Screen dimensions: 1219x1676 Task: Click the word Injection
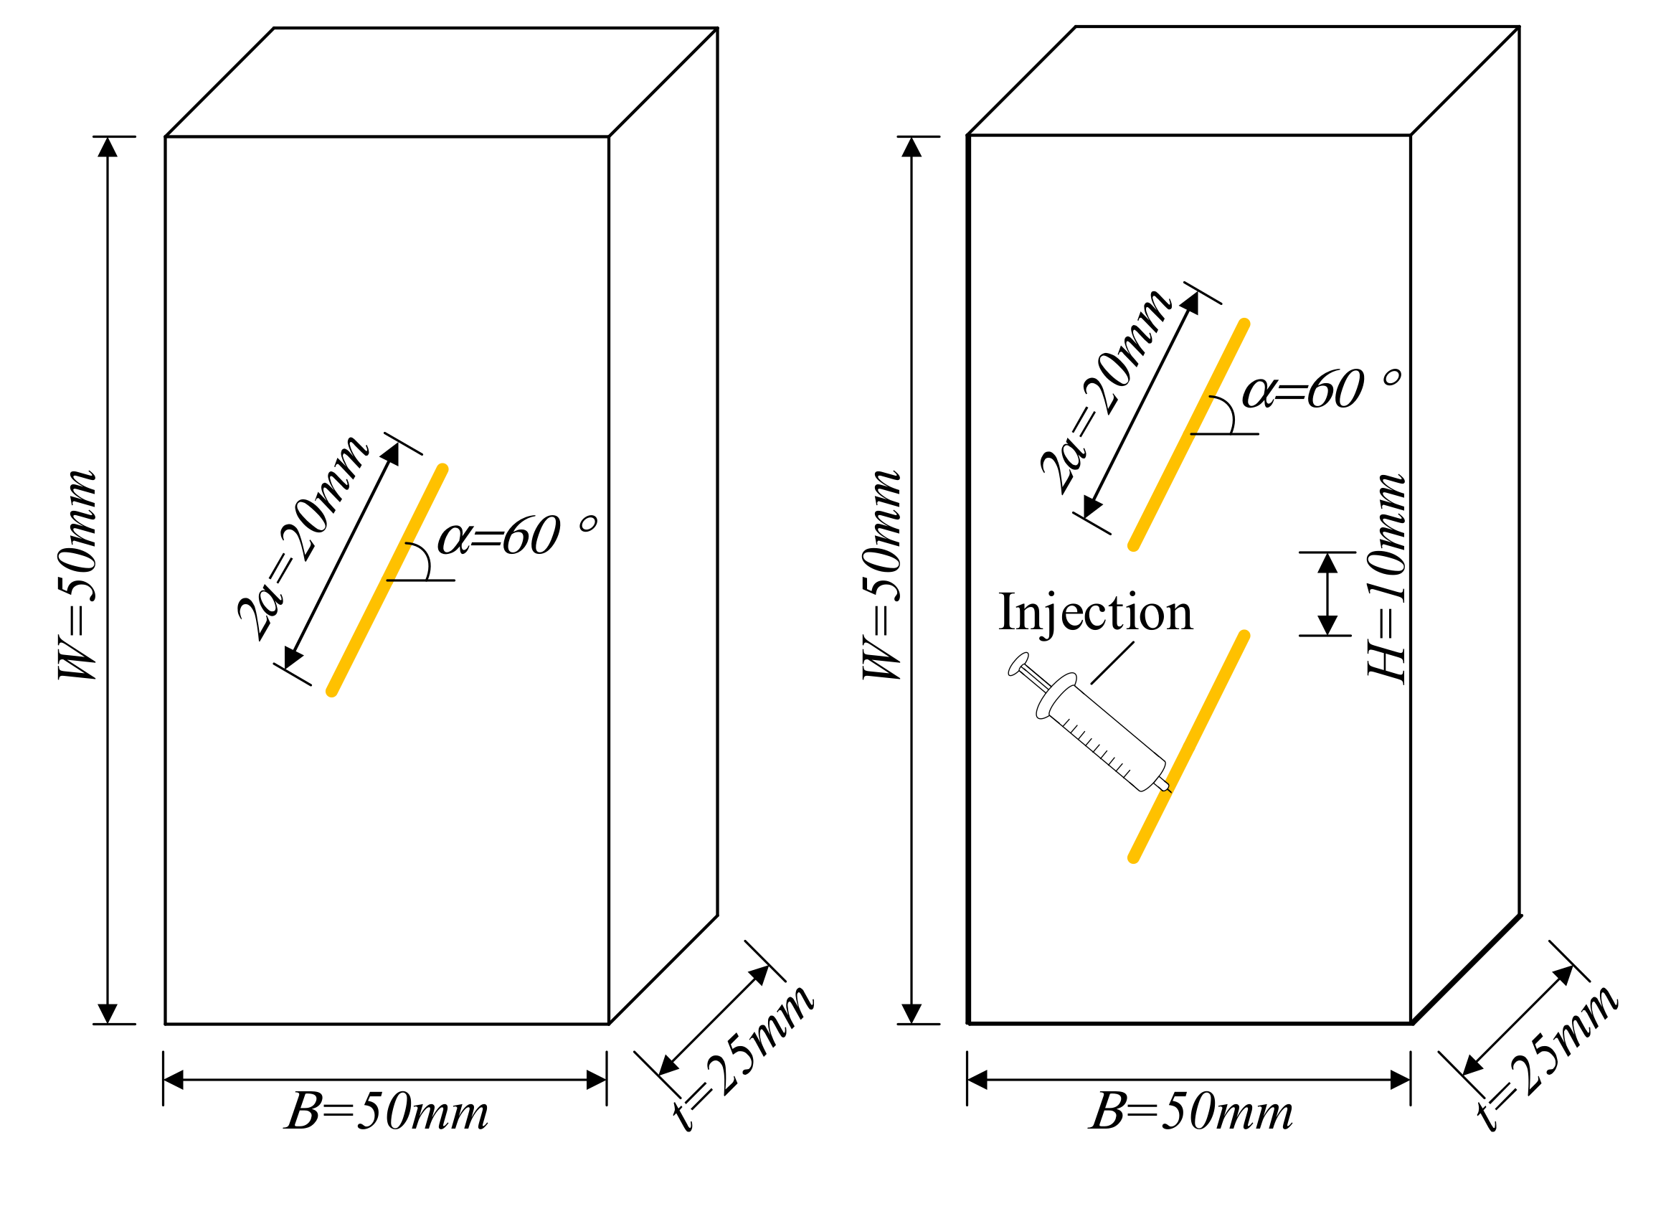(1095, 613)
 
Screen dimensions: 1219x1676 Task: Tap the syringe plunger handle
(1018, 664)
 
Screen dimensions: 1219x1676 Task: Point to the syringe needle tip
(1168, 789)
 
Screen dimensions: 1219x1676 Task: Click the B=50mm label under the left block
(387, 1111)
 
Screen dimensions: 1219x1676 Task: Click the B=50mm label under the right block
(1191, 1111)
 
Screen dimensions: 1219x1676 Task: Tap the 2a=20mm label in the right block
(1107, 391)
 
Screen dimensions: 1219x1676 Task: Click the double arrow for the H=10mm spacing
(1328, 594)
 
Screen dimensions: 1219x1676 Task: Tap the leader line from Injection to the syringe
(1112, 662)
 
